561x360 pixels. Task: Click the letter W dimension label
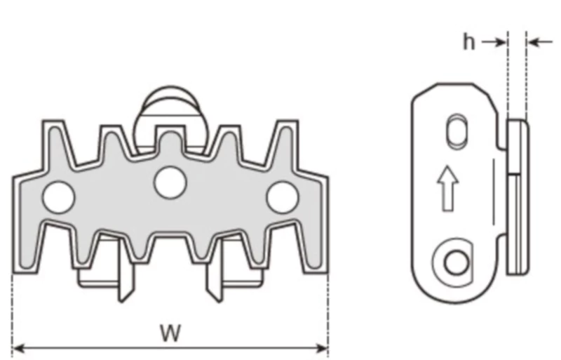[x=168, y=333]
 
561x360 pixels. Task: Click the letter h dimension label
[x=469, y=42]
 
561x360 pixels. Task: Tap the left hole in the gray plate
[x=58, y=197]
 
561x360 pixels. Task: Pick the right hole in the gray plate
[x=283, y=197]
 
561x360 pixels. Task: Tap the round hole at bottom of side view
[x=456, y=263]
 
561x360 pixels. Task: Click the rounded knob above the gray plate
[x=170, y=105]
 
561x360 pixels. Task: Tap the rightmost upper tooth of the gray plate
[x=285, y=140]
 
